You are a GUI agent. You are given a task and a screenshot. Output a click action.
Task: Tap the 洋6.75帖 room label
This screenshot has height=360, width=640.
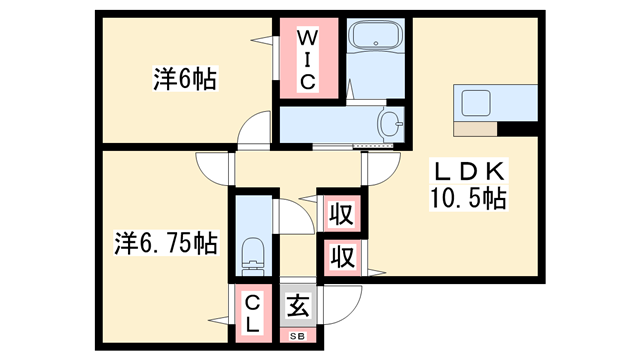click(x=165, y=243)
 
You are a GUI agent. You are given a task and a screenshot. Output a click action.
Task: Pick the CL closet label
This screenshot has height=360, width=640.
click(x=252, y=312)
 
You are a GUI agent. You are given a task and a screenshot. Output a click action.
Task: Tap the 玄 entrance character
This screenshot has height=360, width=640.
click(x=297, y=305)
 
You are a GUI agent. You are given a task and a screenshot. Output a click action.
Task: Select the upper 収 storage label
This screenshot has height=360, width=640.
click(x=340, y=214)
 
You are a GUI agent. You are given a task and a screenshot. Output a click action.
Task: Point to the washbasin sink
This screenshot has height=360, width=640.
click(x=389, y=126)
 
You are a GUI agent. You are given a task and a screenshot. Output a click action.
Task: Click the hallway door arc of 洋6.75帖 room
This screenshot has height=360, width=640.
click(x=214, y=167)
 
